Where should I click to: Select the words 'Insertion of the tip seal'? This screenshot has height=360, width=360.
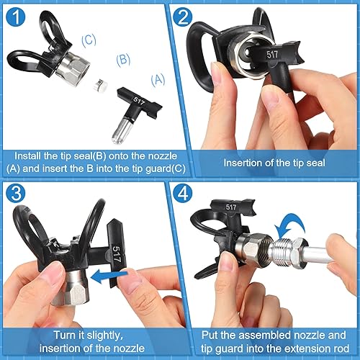(x=269, y=162)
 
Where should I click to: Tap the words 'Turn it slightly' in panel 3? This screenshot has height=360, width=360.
(x=89, y=334)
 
